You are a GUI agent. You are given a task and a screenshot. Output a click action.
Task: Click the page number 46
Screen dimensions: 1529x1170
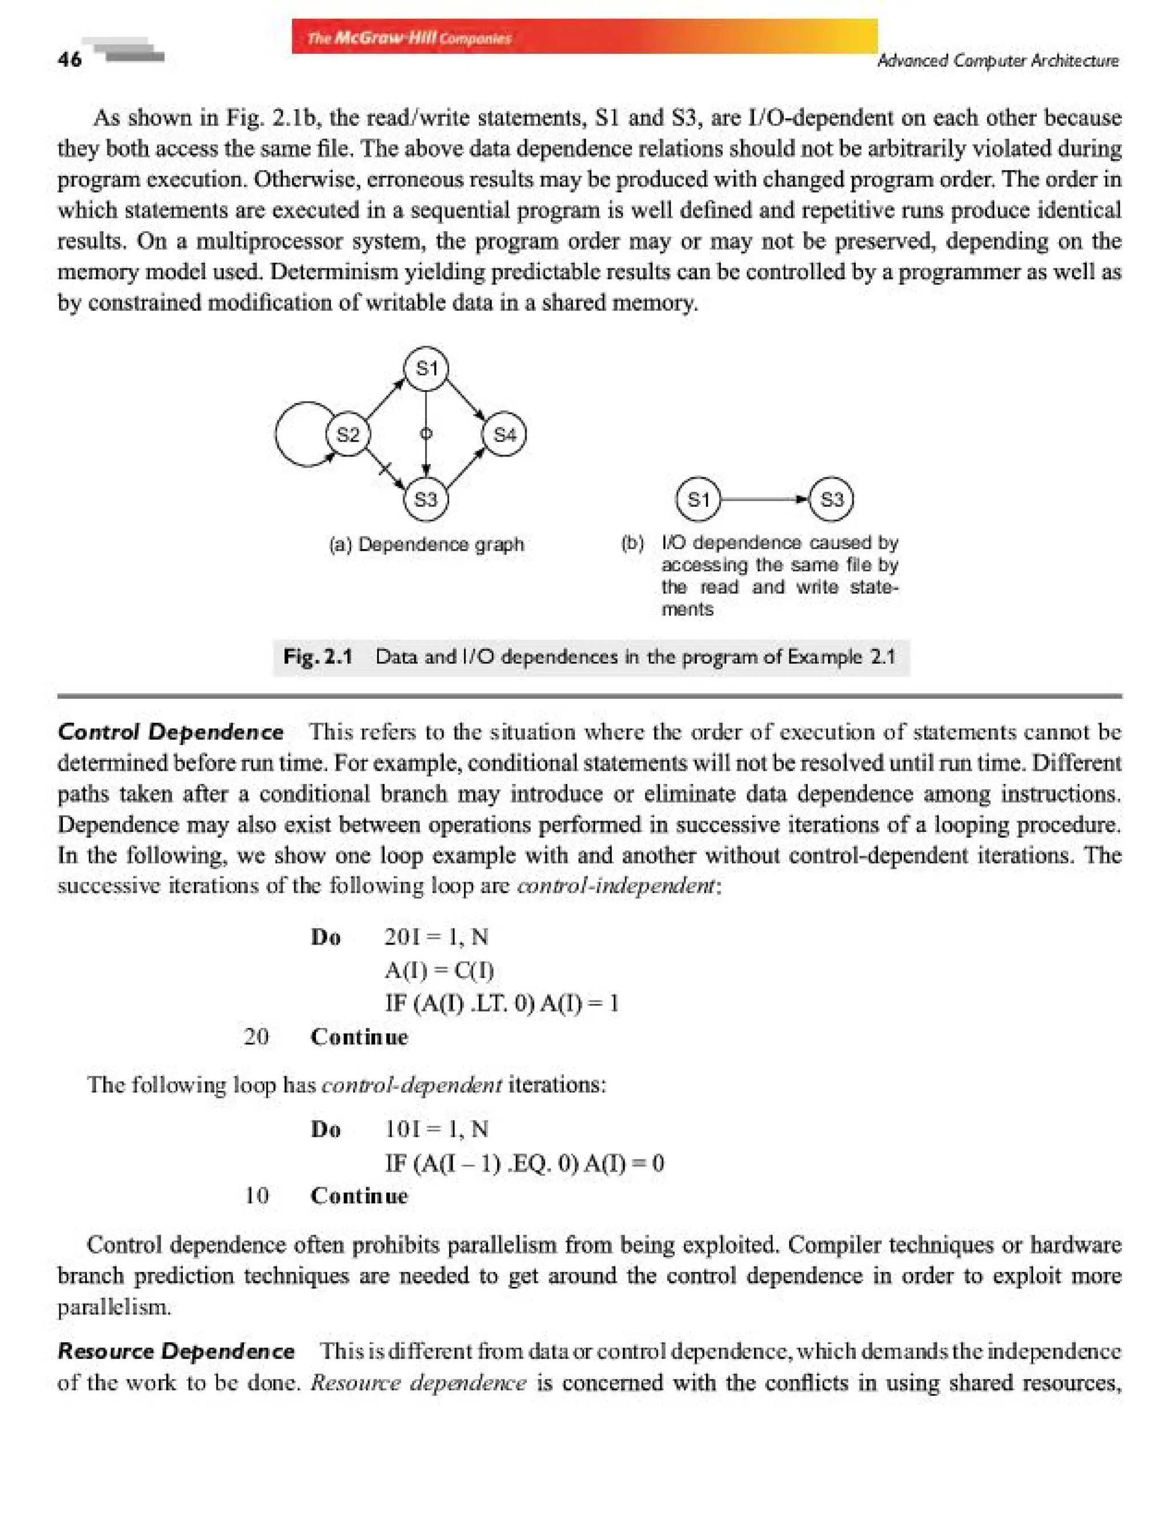pyautogui.click(x=70, y=60)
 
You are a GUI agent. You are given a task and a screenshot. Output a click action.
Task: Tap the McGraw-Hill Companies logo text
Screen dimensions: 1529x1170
pyautogui.click(x=409, y=38)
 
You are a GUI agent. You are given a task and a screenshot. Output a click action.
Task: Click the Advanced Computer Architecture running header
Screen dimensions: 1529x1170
pyautogui.click(x=997, y=61)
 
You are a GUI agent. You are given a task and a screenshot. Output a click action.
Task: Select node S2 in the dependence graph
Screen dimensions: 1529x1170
pyautogui.click(x=347, y=435)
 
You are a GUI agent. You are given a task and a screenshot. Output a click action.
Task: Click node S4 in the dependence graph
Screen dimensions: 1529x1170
pyautogui.click(x=504, y=435)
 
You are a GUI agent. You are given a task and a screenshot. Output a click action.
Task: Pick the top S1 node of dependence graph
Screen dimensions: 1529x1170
pyautogui.click(x=426, y=369)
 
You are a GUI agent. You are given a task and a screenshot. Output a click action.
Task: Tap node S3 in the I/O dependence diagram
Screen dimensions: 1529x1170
pyautogui.click(x=832, y=499)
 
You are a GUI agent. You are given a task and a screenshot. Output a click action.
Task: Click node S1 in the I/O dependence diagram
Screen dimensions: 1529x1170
pyautogui.click(x=698, y=499)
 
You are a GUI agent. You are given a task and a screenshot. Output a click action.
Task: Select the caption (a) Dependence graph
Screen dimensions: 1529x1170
pyautogui.click(x=426, y=544)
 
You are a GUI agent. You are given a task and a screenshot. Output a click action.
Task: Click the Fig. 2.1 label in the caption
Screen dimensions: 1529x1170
pyautogui.click(x=318, y=656)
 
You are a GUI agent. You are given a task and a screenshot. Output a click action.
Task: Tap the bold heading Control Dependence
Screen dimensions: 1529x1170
pyautogui.click(x=171, y=732)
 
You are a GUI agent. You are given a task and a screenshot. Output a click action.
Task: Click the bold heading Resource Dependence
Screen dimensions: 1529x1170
pyautogui.click(x=176, y=1351)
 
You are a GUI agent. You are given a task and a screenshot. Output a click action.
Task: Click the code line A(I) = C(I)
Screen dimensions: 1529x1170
pyautogui.click(x=439, y=970)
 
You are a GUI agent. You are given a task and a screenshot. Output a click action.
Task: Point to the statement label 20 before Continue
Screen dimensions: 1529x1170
pyautogui.click(x=257, y=1036)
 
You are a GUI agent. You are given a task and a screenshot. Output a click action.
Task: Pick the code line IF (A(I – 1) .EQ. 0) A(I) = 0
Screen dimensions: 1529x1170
pyautogui.click(x=524, y=1163)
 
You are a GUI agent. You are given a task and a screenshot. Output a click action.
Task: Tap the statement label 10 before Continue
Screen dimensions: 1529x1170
pyautogui.click(x=257, y=1195)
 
